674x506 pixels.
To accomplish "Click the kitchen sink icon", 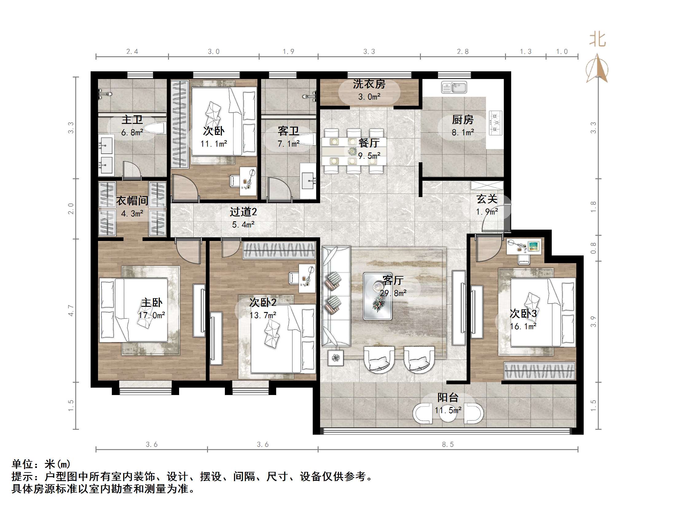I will tap(454, 87).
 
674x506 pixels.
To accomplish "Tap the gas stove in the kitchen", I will tap(495, 123).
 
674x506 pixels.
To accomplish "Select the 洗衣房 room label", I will tap(369, 84).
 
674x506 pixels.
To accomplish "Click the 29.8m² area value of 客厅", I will tap(393, 293).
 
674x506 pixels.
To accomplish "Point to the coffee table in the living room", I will tap(378, 296).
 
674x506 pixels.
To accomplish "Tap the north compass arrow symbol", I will tap(597, 68).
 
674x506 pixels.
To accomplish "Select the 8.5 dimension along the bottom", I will tap(448, 445).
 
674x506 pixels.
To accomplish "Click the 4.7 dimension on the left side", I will tap(71, 310).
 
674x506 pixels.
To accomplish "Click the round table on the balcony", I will tap(448, 413).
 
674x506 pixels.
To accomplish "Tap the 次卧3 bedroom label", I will tap(523, 314).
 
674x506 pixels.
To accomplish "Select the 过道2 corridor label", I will tap(243, 212).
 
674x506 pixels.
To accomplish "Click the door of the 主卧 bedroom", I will tap(188, 251).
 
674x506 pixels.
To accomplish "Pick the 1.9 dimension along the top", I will tap(288, 52).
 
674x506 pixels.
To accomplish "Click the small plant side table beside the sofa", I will tap(335, 358).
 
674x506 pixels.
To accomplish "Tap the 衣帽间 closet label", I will tap(132, 201).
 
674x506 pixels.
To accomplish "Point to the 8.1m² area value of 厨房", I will tap(463, 132).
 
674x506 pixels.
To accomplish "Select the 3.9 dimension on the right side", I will tap(593, 322).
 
